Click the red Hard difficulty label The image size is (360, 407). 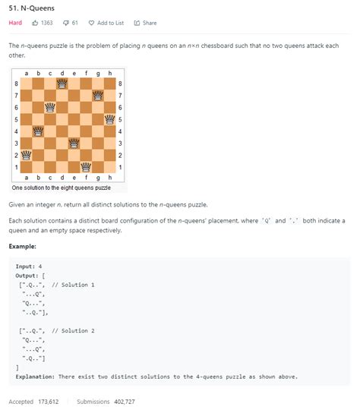tap(15, 23)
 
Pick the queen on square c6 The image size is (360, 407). tap(50, 106)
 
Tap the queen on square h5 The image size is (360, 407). tap(109, 118)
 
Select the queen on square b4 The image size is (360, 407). tap(38, 131)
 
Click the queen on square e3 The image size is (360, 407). tap(74, 143)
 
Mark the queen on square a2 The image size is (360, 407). tap(27, 154)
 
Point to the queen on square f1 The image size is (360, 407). tap(86, 166)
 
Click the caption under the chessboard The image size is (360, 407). tap(61, 187)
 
